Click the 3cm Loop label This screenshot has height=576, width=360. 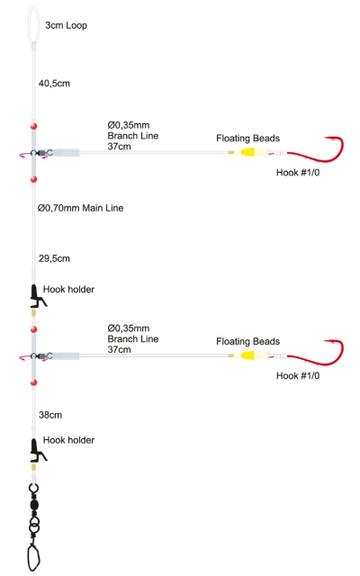(x=66, y=25)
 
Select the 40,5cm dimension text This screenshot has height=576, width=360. (x=54, y=84)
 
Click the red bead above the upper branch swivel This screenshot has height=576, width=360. (x=34, y=126)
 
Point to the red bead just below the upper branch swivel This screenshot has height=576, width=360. (x=34, y=179)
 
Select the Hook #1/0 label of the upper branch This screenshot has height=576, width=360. (x=298, y=172)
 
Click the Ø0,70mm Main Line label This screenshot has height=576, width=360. (x=80, y=208)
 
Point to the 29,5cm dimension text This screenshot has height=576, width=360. (x=54, y=258)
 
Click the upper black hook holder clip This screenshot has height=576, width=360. (x=37, y=296)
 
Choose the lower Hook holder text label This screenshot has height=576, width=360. (x=68, y=440)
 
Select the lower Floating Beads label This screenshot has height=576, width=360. (x=248, y=341)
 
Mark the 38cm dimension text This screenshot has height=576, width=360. (x=50, y=415)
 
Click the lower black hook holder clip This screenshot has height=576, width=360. (x=37, y=450)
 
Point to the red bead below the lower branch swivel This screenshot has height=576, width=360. (x=34, y=382)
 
